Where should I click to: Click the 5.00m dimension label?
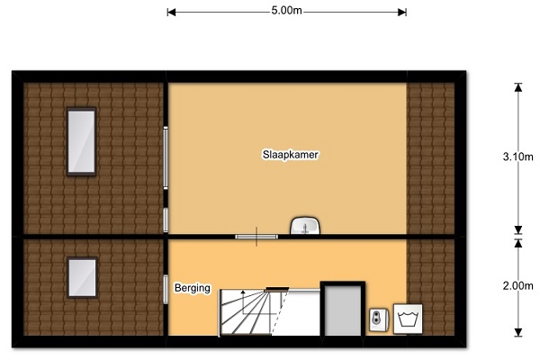286,11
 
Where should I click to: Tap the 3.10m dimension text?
518,157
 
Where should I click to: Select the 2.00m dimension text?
518,286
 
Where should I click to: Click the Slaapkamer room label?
291,155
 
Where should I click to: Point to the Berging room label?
193,288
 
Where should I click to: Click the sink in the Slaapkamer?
305,226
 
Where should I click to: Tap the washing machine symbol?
408,319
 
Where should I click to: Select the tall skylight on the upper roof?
81,141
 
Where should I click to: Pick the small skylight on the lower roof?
82,277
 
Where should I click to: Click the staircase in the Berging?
254,312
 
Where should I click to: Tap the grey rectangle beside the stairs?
343,310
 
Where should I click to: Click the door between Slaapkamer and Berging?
256,237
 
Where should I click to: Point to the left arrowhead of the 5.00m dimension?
171,13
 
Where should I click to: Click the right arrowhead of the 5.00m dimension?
402,13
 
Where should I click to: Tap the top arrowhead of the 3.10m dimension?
518,87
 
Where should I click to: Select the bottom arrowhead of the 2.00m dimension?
518,332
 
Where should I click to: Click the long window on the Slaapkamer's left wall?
166,157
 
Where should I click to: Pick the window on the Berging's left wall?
166,290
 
